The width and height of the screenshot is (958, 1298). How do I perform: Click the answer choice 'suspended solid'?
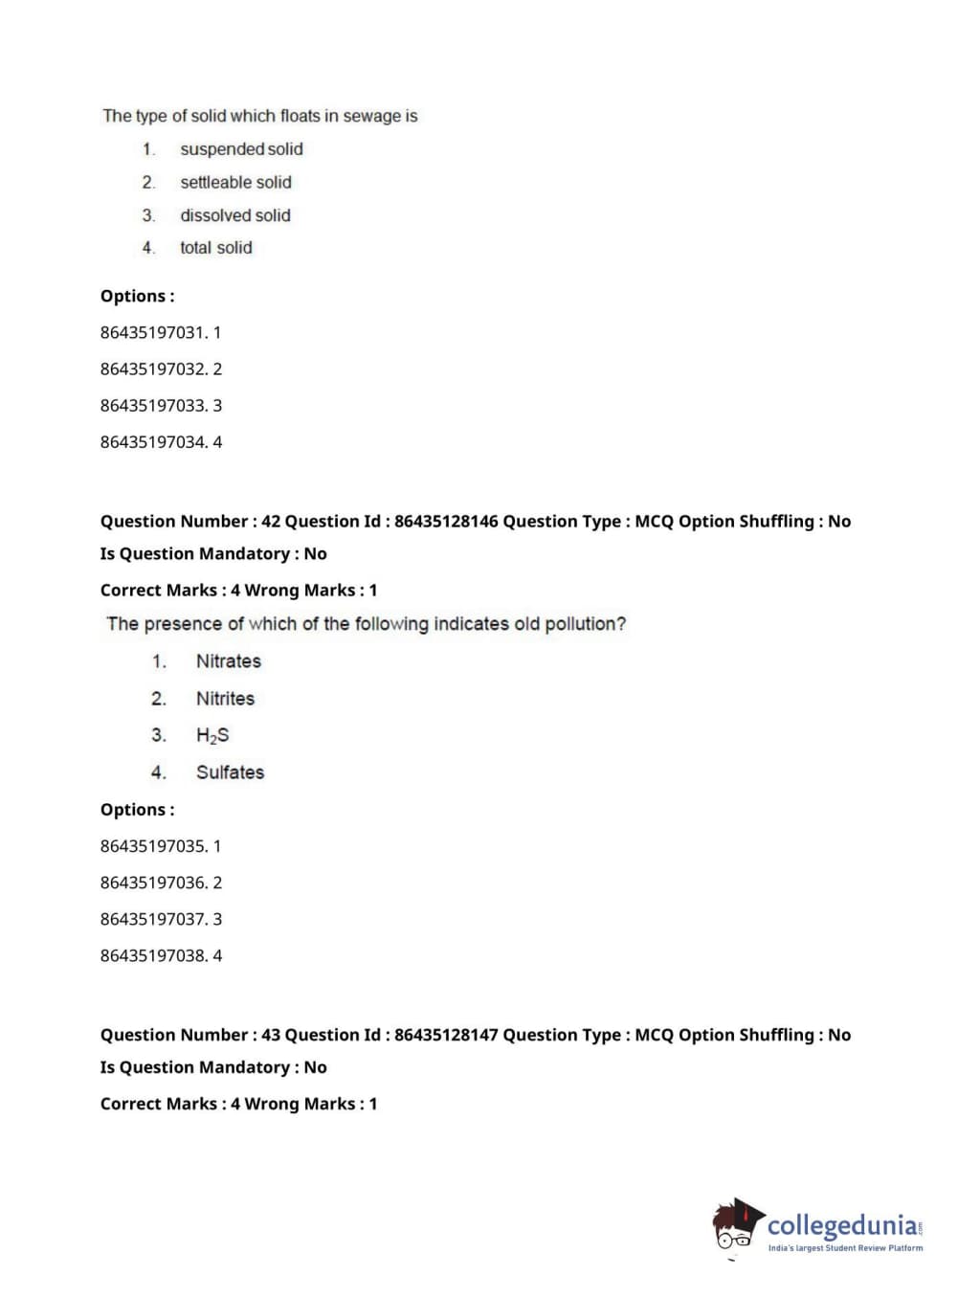pos(241,149)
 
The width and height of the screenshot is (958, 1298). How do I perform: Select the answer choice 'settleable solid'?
pos(235,182)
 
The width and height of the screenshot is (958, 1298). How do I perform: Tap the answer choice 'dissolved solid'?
pos(235,215)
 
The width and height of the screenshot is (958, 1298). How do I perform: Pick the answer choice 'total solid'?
pos(216,248)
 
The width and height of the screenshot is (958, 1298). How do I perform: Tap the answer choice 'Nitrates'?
pos(228,661)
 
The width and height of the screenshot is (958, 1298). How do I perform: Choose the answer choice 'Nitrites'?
pos(225,699)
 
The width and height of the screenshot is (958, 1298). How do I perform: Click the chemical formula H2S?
pos(212,735)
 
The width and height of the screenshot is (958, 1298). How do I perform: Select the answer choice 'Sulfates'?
pos(230,772)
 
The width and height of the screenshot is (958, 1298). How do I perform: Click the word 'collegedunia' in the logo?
pos(842,1224)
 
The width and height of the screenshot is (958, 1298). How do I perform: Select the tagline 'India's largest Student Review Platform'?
pos(845,1248)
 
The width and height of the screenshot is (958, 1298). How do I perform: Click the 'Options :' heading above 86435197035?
pos(137,810)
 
